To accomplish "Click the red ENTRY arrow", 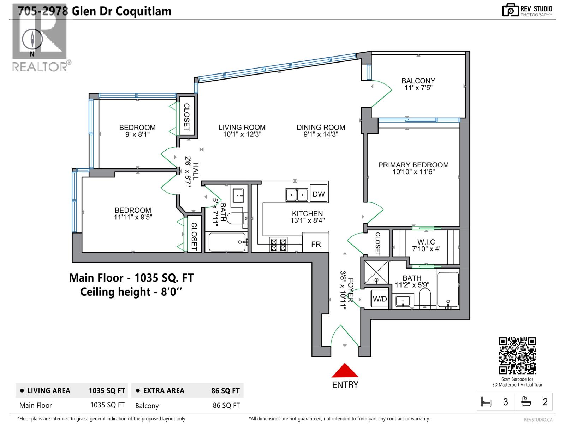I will click(345, 371).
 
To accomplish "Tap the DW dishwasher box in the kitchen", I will click(319, 194).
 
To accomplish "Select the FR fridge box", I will click(316, 244).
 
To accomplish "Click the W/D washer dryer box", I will click(380, 299).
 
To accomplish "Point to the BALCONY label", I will click(418, 81).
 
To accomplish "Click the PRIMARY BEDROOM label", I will click(413, 165).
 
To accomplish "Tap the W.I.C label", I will click(426, 242).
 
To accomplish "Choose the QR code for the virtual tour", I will click(517, 355).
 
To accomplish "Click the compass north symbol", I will click(32, 40).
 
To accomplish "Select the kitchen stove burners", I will click(278, 245).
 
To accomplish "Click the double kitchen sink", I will click(297, 195).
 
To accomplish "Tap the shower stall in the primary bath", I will click(376, 272).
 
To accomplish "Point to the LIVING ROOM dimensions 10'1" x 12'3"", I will click(242, 134).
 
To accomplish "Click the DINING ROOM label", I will click(321, 127).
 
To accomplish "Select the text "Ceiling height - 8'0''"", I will click(131, 292).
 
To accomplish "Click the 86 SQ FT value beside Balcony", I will click(226, 406).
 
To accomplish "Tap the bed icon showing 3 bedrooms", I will click(486, 402).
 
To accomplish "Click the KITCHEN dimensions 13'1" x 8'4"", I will click(307, 220).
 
